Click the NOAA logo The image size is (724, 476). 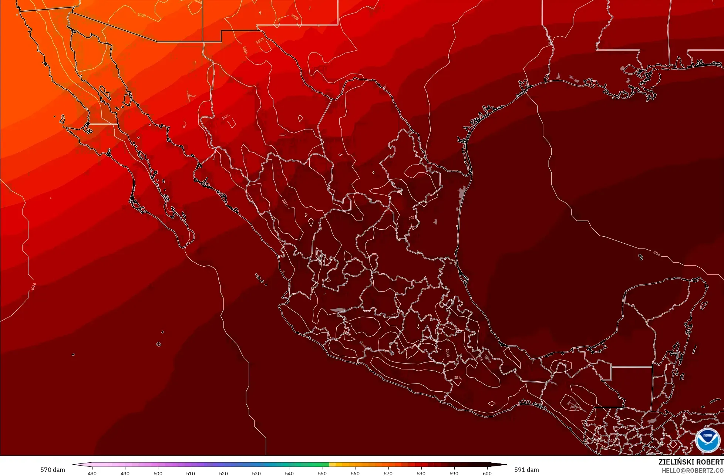coord(708,440)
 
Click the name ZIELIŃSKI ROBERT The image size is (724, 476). coord(691,462)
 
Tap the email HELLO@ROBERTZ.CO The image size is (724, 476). coord(693,470)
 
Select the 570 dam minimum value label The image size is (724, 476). coord(53,470)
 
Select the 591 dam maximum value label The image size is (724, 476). coord(526,470)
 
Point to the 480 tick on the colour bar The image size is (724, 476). coord(92,473)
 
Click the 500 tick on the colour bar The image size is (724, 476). coord(158,473)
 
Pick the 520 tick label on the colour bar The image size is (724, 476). coord(223,473)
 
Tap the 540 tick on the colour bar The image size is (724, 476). coord(289,473)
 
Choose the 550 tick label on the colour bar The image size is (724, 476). coord(322,473)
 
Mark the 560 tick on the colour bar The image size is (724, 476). coord(355,473)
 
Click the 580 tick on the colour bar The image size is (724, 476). coord(421,473)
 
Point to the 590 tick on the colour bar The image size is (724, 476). coord(454,473)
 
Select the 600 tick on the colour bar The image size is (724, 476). coord(487,473)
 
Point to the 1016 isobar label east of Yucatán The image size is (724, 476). coord(656,253)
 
